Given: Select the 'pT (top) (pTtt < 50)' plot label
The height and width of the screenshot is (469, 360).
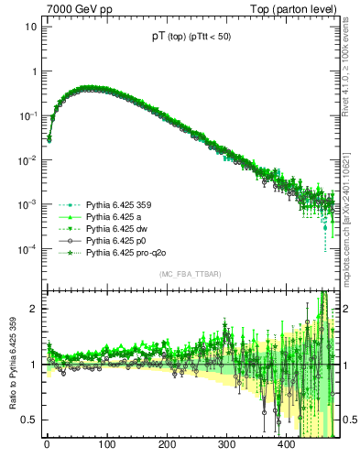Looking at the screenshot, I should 190,39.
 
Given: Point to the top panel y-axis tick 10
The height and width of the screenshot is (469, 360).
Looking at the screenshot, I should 29,26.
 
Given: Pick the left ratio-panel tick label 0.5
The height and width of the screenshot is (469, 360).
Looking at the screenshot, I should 28,420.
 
